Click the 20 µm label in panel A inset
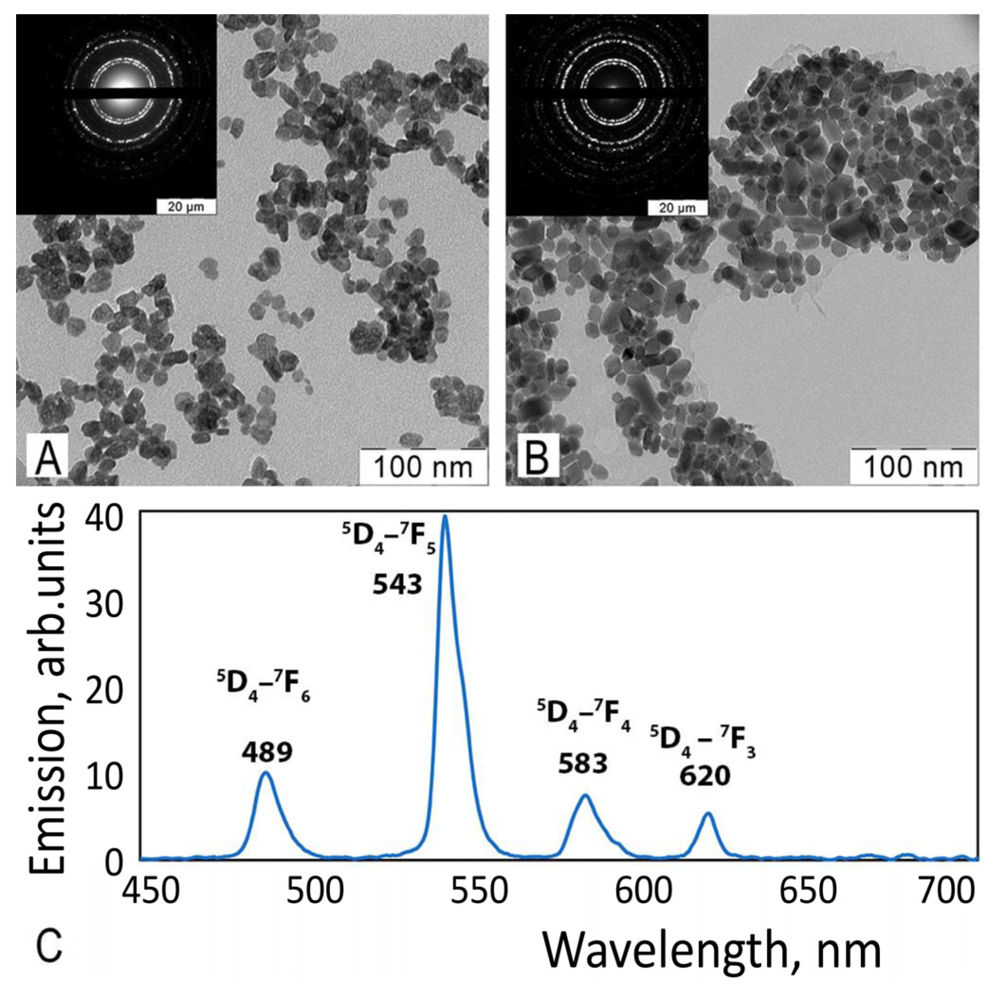[186, 207]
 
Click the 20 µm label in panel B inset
[677, 207]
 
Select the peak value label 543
[397, 585]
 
